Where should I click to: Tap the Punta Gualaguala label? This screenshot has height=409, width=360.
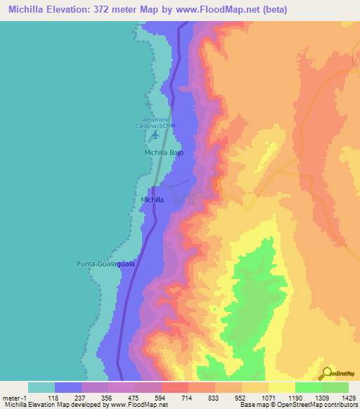pos(105,264)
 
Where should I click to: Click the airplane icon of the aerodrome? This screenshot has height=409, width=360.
pos(155,134)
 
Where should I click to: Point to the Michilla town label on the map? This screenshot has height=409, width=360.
pos(153,200)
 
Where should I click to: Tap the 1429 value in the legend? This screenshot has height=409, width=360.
pos(349,397)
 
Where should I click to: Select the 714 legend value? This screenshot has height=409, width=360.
pos(188,397)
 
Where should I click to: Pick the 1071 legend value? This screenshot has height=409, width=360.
pos(268,397)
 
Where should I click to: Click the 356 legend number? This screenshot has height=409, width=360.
pos(108,397)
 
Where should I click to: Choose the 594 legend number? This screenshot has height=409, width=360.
pos(161,397)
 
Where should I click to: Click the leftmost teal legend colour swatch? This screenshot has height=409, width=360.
pos(41,387)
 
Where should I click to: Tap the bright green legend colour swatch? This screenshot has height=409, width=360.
pos(308,387)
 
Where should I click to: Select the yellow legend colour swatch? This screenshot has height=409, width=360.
pos(281,387)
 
